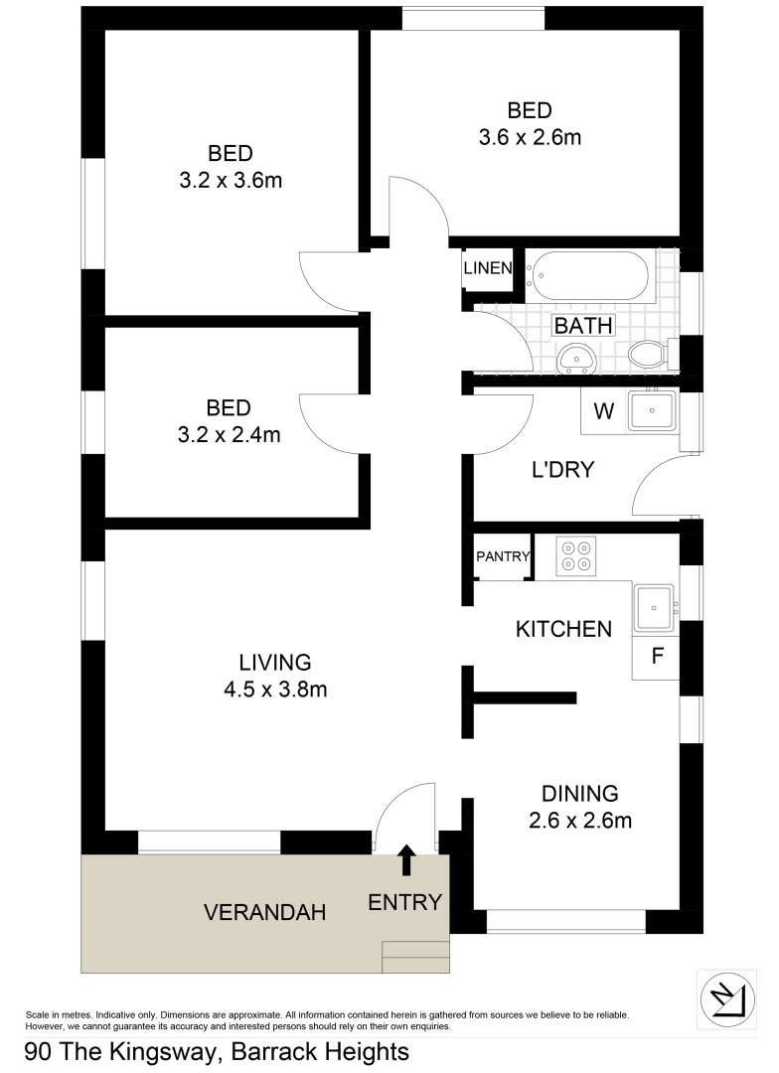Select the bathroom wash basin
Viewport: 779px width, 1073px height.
575,358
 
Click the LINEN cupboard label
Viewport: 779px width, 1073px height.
488,268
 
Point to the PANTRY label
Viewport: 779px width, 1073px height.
503,557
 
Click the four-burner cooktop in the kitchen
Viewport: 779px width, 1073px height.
575,556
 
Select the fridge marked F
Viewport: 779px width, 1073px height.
656,657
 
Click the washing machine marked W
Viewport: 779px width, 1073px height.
604,410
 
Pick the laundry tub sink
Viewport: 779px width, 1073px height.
652,409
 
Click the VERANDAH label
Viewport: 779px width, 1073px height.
264,912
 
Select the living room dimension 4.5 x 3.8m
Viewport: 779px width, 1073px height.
275,689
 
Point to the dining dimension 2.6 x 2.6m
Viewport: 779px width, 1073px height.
580,821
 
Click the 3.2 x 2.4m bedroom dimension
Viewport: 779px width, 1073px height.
230,434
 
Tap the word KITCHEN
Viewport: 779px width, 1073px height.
562,629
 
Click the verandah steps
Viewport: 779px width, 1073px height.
415,958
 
